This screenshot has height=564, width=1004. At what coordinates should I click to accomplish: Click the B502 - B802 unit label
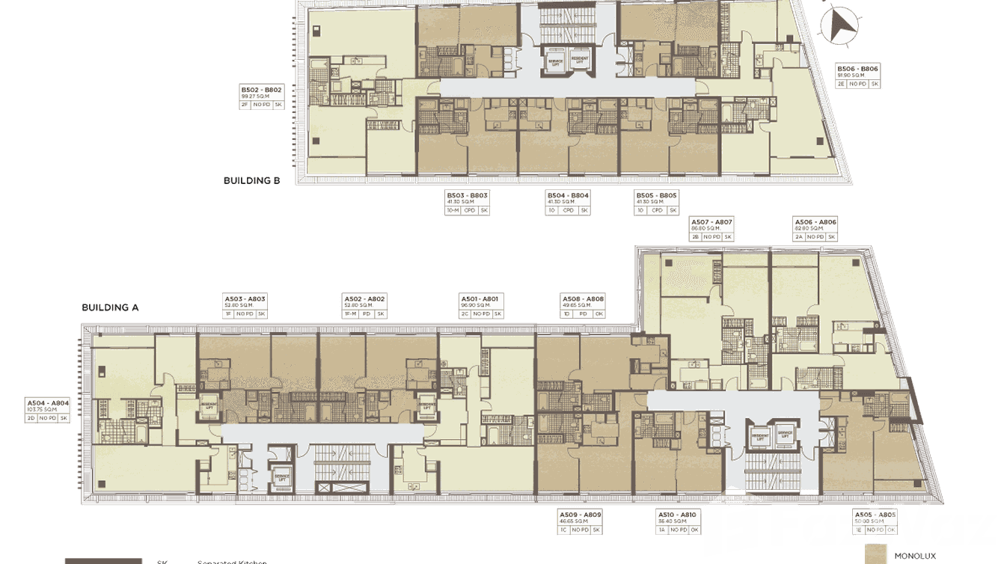(260, 89)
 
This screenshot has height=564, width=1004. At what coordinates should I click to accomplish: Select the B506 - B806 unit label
(857, 69)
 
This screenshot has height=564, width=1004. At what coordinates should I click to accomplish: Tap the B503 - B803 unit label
(467, 196)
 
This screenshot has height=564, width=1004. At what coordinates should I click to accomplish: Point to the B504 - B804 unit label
(568, 196)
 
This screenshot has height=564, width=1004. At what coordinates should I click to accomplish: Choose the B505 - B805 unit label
(656, 196)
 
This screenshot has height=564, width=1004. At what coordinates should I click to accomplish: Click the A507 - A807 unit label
(711, 222)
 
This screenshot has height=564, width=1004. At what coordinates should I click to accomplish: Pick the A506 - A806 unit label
(815, 222)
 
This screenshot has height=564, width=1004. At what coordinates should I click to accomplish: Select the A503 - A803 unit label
(245, 299)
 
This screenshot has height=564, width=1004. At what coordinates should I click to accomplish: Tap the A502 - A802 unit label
(364, 299)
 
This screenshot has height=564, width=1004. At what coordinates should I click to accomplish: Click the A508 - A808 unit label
(583, 299)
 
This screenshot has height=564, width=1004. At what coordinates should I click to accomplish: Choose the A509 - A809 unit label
(581, 515)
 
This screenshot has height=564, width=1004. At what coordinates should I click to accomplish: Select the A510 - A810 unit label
(676, 515)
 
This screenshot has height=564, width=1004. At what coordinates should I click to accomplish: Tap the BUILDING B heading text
(251, 180)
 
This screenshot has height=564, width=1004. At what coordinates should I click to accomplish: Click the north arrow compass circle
(838, 25)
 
